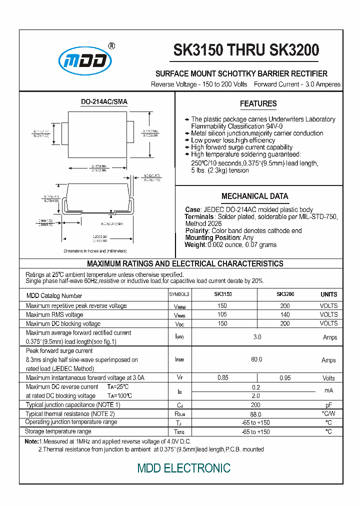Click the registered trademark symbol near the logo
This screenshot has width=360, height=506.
[111, 46]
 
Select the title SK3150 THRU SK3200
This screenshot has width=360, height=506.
[246, 50]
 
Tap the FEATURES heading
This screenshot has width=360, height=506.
[258, 103]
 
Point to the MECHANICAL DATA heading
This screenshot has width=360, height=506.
[254, 196]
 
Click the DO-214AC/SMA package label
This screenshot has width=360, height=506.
[104, 101]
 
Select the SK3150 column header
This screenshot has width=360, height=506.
[222, 294]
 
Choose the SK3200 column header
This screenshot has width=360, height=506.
[285, 294]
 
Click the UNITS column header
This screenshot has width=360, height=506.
[328, 294]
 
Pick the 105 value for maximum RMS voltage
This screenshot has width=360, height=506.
[222, 314]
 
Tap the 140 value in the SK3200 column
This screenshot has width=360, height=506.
[285, 314]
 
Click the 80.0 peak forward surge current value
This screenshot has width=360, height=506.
[256, 359]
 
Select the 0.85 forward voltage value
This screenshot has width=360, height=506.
[222, 378]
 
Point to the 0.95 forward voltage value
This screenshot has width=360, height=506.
[285, 378]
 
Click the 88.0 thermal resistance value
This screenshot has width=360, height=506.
[255, 414]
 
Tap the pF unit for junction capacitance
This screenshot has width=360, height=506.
[328, 405]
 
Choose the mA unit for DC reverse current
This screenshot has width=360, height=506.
[328, 390]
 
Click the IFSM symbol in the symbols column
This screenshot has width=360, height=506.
[179, 360]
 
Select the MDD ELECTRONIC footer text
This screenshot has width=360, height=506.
[184, 468]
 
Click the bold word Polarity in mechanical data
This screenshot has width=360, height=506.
[197, 230]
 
